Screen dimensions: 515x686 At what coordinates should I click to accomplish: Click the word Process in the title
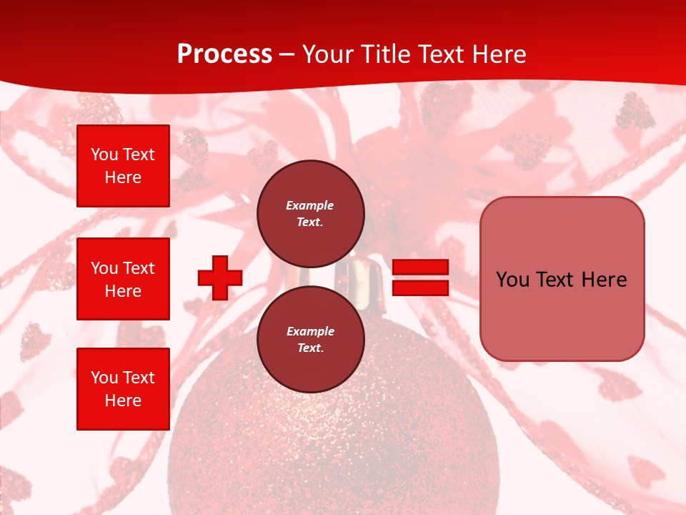click(224, 54)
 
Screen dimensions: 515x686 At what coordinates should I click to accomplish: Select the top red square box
click(123, 166)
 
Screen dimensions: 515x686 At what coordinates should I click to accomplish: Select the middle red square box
click(123, 279)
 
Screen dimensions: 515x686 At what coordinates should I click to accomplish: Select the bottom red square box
click(123, 389)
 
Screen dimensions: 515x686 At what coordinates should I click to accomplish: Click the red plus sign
click(220, 278)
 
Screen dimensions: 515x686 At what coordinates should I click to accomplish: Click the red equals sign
click(421, 278)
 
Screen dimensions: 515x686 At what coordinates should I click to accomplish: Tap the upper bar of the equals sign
click(421, 268)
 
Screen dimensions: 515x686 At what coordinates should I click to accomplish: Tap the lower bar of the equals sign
click(421, 288)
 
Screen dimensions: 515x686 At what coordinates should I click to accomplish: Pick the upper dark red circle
click(310, 213)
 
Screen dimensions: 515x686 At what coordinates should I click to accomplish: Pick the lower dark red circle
click(310, 339)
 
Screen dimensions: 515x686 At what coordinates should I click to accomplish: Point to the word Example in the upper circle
click(309, 205)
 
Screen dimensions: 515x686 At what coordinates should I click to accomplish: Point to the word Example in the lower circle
click(310, 331)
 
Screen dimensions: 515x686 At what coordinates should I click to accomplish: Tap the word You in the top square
click(104, 154)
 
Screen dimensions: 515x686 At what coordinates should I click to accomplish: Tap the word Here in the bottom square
click(123, 401)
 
